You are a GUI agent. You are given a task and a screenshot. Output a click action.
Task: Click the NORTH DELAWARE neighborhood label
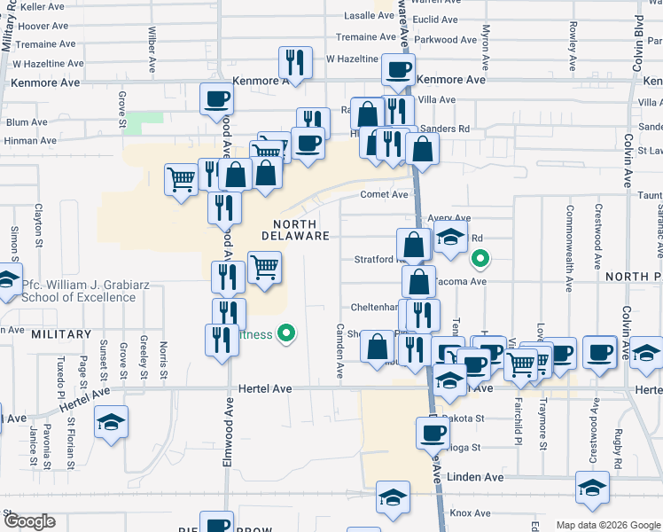(x=296, y=229)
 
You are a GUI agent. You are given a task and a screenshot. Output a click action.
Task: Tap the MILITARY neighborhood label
(x=61, y=334)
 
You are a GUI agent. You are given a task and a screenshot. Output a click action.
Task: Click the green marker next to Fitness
(x=286, y=334)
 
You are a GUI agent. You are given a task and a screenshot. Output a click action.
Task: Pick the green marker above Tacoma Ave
(x=480, y=260)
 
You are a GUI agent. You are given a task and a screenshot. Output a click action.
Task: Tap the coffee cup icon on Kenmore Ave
(x=398, y=68)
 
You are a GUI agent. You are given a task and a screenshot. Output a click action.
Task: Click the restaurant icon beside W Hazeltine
(x=295, y=61)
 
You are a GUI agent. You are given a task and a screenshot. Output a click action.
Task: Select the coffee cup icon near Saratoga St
(x=433, y=433)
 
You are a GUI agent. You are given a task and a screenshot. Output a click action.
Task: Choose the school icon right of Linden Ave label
(x=592, y=487)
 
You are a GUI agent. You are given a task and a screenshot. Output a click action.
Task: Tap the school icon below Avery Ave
(x=450, y=238)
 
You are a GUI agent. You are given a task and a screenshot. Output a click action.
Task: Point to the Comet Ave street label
(x=384, y=194)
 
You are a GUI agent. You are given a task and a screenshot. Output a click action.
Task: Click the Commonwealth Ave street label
(x=568, y=248)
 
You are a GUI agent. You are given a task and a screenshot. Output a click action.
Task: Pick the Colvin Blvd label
(x=636, y=35)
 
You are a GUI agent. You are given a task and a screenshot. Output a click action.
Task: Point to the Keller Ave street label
(x=43, y=6)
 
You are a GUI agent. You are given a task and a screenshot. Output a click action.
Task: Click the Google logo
(x=28, y=521)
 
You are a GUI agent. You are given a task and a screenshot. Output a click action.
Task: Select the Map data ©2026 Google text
(x=607, y=525)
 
